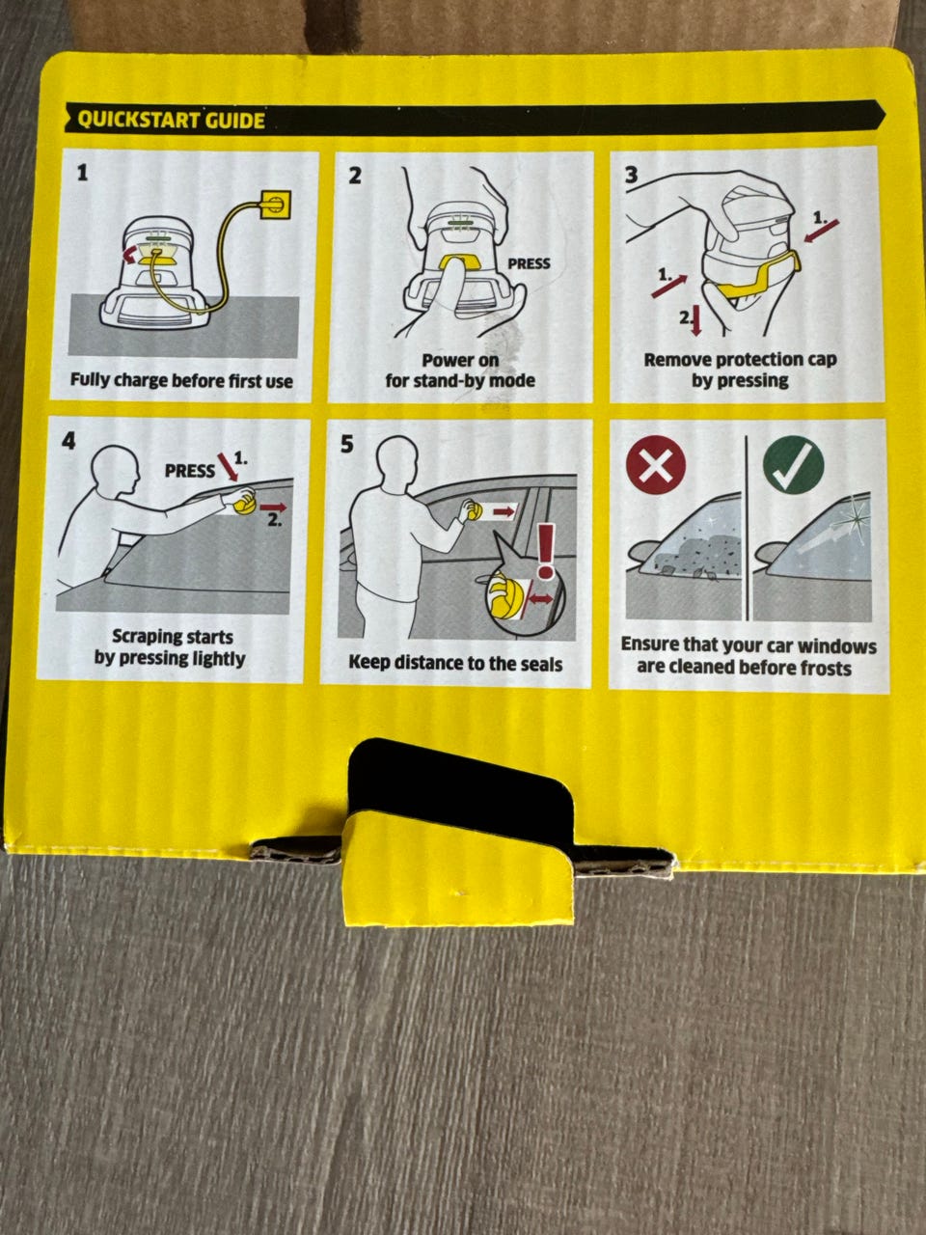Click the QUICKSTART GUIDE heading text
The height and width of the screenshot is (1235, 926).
(171, 120)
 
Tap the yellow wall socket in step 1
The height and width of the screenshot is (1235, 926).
(276, 205)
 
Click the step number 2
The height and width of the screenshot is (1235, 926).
(355, 176)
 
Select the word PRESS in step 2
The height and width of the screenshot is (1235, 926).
(529, 263)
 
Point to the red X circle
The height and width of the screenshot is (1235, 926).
(656, 465)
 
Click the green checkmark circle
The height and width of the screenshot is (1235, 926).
(793, 466)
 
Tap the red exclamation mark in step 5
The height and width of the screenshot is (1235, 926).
(546, 550)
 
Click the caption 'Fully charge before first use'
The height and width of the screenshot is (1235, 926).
(181, 381)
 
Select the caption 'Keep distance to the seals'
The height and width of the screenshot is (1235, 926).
(455, 664)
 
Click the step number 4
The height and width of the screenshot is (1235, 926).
(68, 441)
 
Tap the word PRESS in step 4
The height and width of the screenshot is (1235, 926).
(189, 471)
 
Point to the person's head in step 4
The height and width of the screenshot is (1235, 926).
(117, 470)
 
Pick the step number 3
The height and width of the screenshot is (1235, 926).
(632, 175)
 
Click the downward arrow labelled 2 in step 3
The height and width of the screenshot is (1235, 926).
(696, 320)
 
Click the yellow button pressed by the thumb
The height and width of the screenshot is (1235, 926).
(459, 262)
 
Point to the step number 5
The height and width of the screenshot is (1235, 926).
(347, 444)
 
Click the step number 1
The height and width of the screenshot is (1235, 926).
(83, 172)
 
